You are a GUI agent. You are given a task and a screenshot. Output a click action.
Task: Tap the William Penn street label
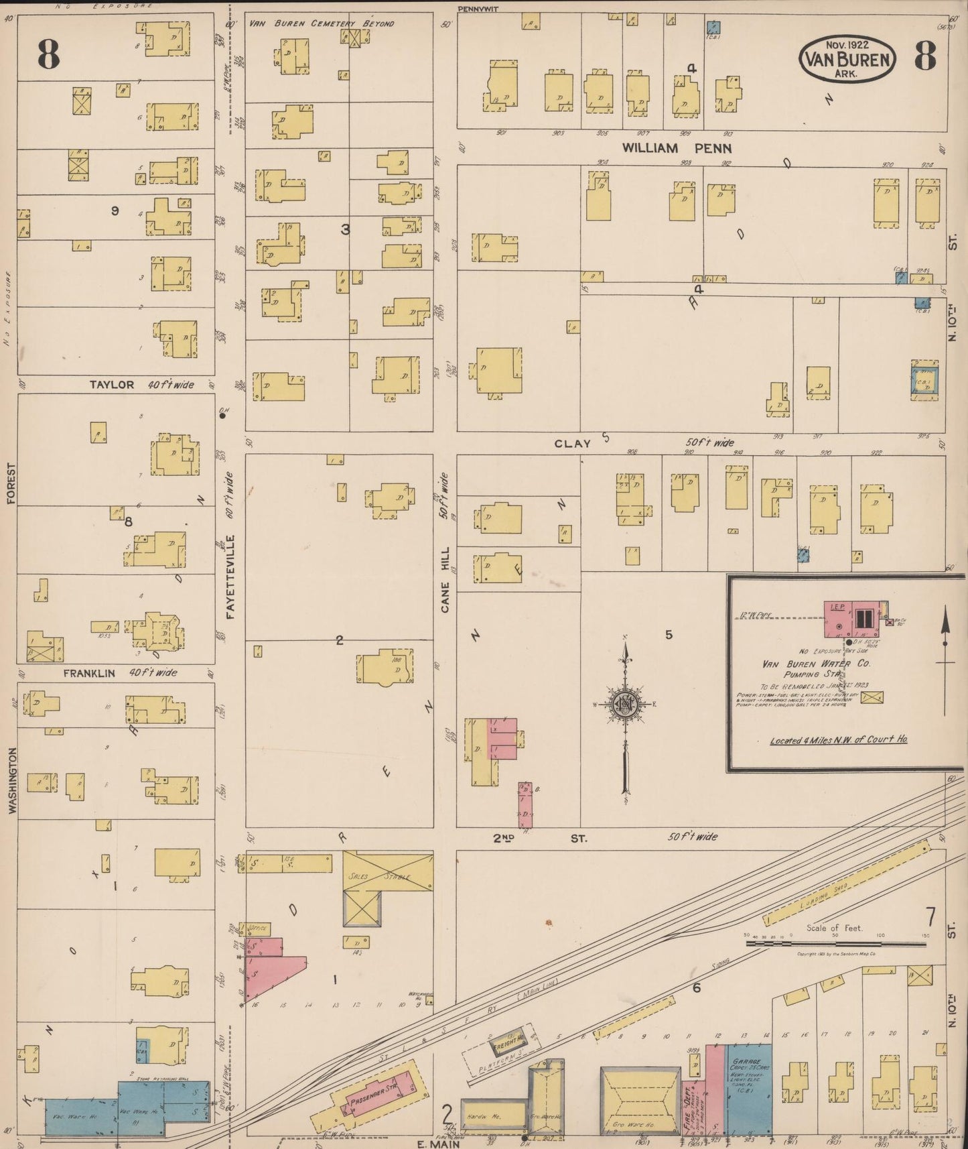(x=677, y=148)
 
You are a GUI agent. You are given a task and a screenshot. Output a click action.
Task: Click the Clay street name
(x=573, y=443)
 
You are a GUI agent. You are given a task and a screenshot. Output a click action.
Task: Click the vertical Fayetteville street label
(x=230, y=577)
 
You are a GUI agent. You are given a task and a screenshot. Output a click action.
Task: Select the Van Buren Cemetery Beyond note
(x=322, y=23)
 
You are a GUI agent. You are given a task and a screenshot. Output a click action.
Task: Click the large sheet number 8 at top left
(x=49, y=54)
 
